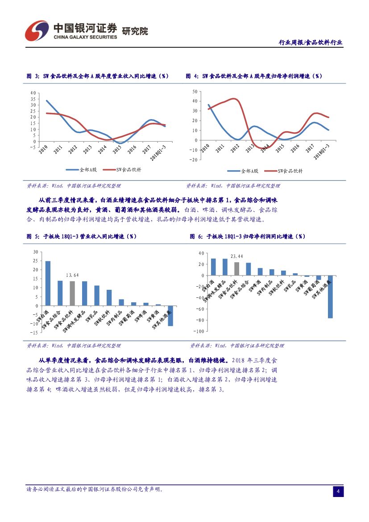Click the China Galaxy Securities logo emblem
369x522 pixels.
coord(37,30)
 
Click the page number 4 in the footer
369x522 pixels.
coord(338,492)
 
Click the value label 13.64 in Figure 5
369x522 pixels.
coord(72,275)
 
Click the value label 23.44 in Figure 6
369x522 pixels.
coord(236,256)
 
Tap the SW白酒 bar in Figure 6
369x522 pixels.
coord(213,267)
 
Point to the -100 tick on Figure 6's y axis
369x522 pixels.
coord(199,331)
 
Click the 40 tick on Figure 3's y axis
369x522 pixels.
coord(33,93)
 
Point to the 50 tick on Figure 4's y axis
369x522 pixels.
coord(194,91)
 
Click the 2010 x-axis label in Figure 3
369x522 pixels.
coord(43,150)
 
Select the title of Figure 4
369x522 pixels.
coord(253,76)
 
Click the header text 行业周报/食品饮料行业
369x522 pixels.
coord(311,42)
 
